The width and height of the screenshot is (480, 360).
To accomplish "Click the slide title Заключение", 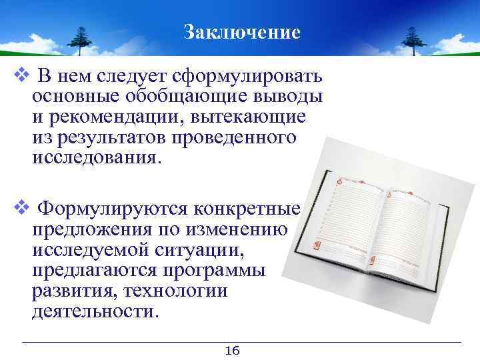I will [x=242, y=31].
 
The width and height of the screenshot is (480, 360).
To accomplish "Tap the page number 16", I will [x=233, y=351].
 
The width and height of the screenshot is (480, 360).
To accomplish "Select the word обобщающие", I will [x=175, y=96].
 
